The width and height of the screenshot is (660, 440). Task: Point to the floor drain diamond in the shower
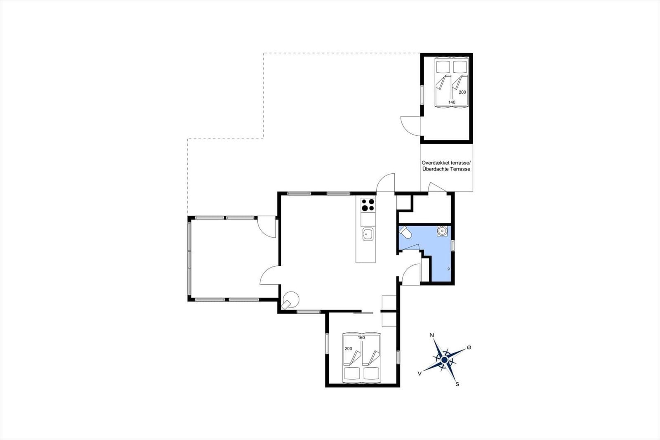point(449,269)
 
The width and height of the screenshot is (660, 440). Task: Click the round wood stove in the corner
point(290,300)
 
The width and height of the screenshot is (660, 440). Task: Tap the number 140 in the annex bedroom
point(452,102)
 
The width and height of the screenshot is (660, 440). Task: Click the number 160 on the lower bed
point(361,338)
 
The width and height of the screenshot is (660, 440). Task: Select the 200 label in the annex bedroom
point(462,92)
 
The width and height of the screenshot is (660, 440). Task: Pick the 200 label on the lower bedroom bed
point(348,349)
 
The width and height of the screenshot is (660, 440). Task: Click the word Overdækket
point(434,163)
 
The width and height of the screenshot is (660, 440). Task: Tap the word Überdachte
point(435,169)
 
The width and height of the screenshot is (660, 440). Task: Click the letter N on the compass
point(431,335)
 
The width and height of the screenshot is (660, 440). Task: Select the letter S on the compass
point(457,384)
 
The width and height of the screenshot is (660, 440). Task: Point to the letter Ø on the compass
point(469,348)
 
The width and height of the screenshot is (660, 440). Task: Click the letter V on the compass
point(419,374)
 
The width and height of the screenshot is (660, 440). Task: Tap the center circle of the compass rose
point(444,360)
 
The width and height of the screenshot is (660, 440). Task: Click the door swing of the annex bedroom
point(410,126)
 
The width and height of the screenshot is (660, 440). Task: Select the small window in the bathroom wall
point(453,245)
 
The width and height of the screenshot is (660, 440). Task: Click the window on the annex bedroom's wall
point(422,95)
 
